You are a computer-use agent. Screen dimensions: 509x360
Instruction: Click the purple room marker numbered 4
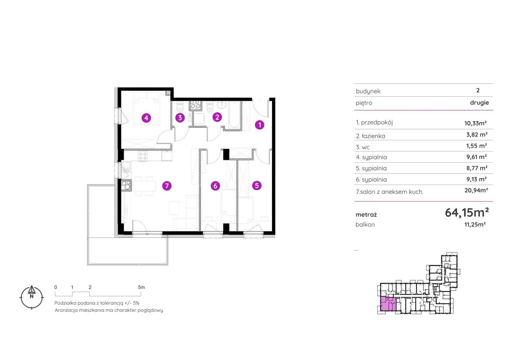(146, 118)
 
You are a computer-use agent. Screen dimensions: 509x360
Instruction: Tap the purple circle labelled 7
(167, 186)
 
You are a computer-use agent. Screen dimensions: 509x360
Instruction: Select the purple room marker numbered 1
(260, 125)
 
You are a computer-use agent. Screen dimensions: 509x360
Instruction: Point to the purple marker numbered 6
(215, 186)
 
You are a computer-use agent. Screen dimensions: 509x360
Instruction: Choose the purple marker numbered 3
(180, 118)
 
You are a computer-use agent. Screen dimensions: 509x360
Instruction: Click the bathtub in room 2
(235, 115)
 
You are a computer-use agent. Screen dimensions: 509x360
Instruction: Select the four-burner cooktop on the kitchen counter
(143, 156)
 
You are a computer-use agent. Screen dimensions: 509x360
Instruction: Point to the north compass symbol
(31, 298)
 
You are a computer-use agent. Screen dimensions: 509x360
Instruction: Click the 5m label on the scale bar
(141, 287)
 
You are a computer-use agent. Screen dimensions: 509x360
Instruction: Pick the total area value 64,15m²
(467, 213)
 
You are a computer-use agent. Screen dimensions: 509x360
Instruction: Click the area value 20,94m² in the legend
(476, 190)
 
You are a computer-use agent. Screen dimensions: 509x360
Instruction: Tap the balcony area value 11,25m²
(475, 224)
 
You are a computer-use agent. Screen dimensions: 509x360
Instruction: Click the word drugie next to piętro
(480, 103)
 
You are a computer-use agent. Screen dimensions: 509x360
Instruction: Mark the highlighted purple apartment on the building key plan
(388, 304)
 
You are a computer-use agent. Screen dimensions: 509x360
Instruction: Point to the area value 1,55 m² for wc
(476, 146)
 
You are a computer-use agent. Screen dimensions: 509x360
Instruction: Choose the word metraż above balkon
(366, 214)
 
